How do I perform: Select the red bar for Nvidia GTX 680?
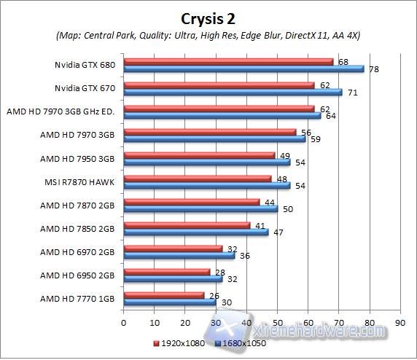click(228, 62)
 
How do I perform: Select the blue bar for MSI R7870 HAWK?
click(206, 186)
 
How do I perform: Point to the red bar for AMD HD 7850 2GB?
click(187, 225)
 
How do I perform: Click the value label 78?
click(373, 69)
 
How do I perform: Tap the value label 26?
click(214, 295)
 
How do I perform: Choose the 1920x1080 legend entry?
click(179, 342)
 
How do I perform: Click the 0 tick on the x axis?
click(124, 321)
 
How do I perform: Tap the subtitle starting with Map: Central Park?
click(208, 35)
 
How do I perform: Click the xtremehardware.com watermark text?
click(321, 332)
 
